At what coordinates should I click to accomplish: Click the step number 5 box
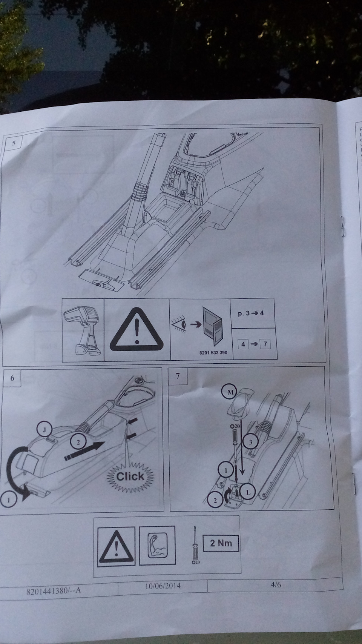pos(14,143)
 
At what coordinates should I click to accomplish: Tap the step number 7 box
pos(178,376)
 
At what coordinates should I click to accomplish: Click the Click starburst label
pos(130,476)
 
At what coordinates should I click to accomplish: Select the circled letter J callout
pos(44,429)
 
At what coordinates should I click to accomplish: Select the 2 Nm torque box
pos(221,544)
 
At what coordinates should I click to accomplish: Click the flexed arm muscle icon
pos(157,545)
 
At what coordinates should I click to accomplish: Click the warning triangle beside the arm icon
pos(116,546)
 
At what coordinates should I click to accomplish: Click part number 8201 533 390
pos(213,353)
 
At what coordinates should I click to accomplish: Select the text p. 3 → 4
pos(251,314)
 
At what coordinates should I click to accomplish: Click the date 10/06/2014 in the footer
pos(163,586)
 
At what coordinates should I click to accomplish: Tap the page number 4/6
pos(276,584)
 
